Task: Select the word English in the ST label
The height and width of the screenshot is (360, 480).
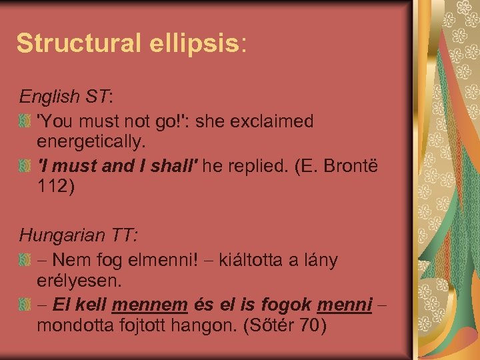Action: pyautogui.click(x=49, y=97)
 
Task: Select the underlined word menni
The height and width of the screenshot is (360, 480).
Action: pyautogui.click(x=345, y=305)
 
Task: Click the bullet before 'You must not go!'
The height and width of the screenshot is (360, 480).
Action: pyautogui.click(x=25, y=122)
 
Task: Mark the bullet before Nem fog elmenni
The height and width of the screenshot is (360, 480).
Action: pyautogui.click(x=25, y=260)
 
